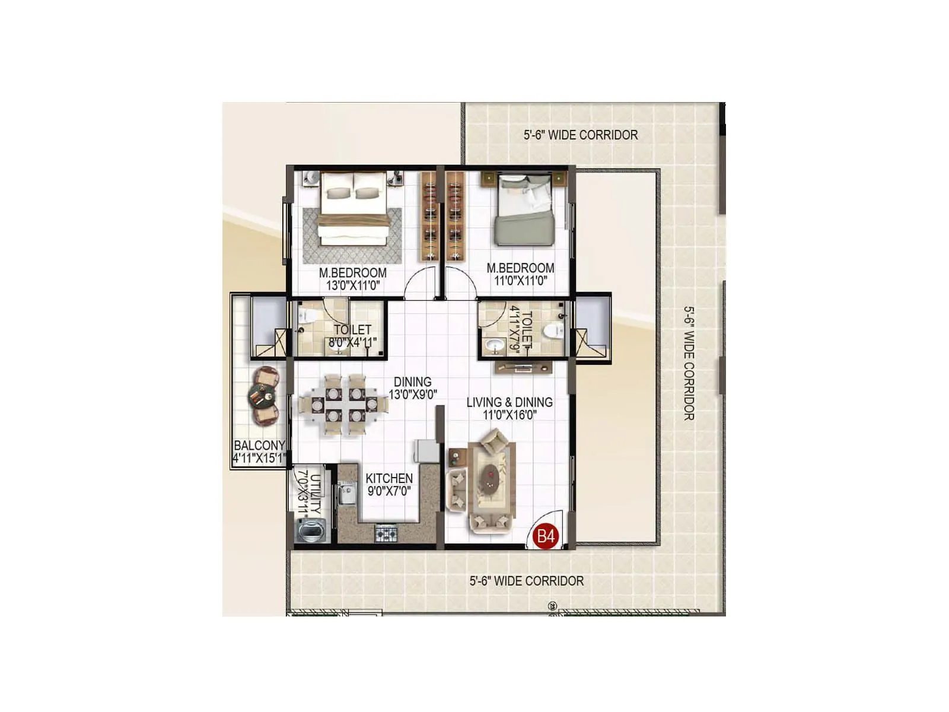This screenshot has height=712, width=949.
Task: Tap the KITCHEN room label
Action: tap(389, 478)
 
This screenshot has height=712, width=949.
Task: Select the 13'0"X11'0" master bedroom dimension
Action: tap(353, 285)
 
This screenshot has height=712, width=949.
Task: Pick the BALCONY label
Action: tap(259, 446)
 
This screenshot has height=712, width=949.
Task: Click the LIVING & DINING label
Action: tap(509, 402)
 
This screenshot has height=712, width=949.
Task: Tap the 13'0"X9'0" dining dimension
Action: tap(413, 394)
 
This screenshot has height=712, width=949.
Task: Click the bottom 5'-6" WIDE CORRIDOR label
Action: tap(526, 581)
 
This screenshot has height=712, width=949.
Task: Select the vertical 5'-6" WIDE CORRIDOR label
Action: tap(689, 363)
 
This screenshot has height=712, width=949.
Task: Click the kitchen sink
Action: tap(345, 494)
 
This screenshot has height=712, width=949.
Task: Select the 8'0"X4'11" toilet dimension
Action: tap(352, 342)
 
